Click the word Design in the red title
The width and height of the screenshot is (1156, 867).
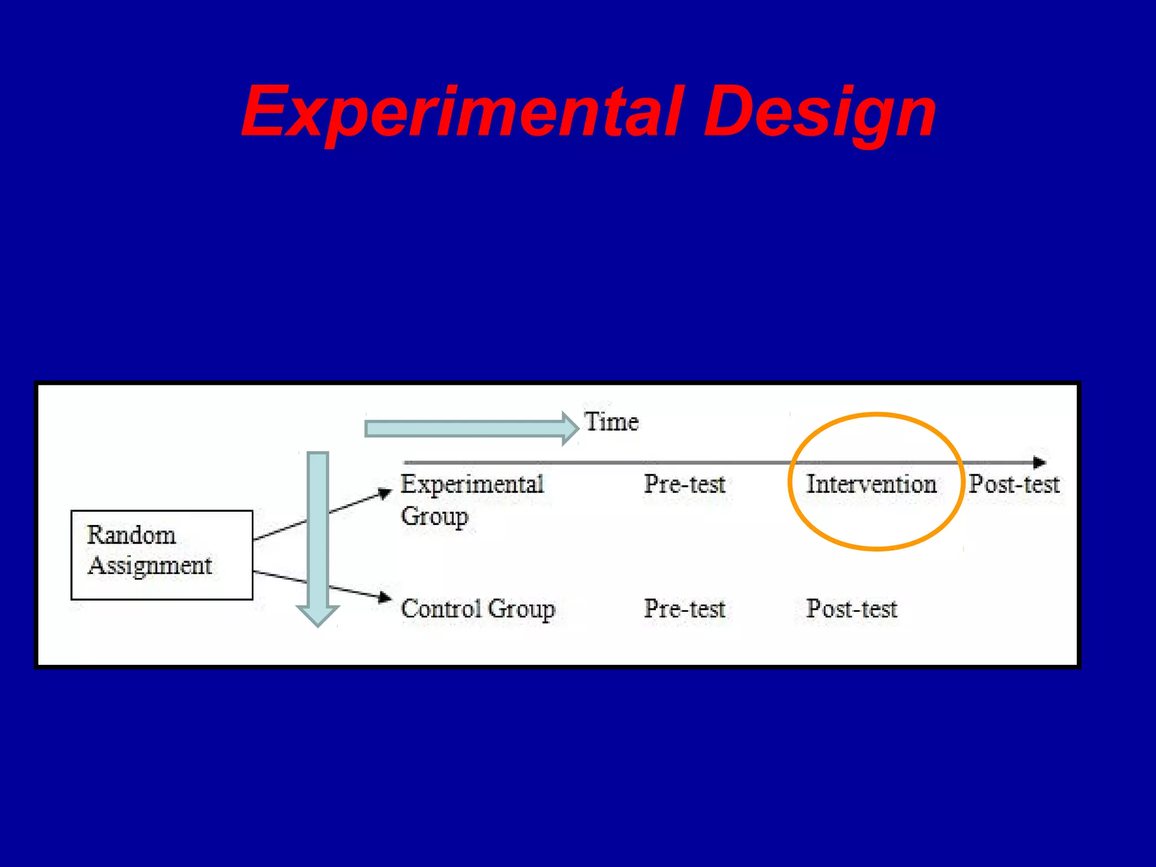click(820, 111)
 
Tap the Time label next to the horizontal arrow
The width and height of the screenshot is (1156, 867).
click(611, 422)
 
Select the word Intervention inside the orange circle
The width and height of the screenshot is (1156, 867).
click(871, 484)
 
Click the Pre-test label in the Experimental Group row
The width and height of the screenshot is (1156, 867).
click(684, 484)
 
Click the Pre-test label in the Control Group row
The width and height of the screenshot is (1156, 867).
click(684, 609)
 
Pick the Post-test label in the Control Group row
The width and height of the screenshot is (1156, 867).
click(851, 609)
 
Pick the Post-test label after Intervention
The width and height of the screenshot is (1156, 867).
click(1014, 484)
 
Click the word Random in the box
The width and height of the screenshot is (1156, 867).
click(132, 535)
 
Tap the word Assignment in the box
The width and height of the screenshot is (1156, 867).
click(150, 566)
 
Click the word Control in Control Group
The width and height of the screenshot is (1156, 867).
click(441, 609)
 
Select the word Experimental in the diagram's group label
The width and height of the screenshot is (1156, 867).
click(472, 484)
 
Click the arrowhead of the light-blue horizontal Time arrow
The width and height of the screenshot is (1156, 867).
click(570, 428)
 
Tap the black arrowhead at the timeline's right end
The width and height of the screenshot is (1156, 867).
click(1039, 463)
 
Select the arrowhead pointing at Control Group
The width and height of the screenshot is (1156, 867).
click(385, 597)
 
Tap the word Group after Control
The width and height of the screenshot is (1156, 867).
click(521, 609)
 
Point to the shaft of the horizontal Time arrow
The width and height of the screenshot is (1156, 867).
click(463, 429)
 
